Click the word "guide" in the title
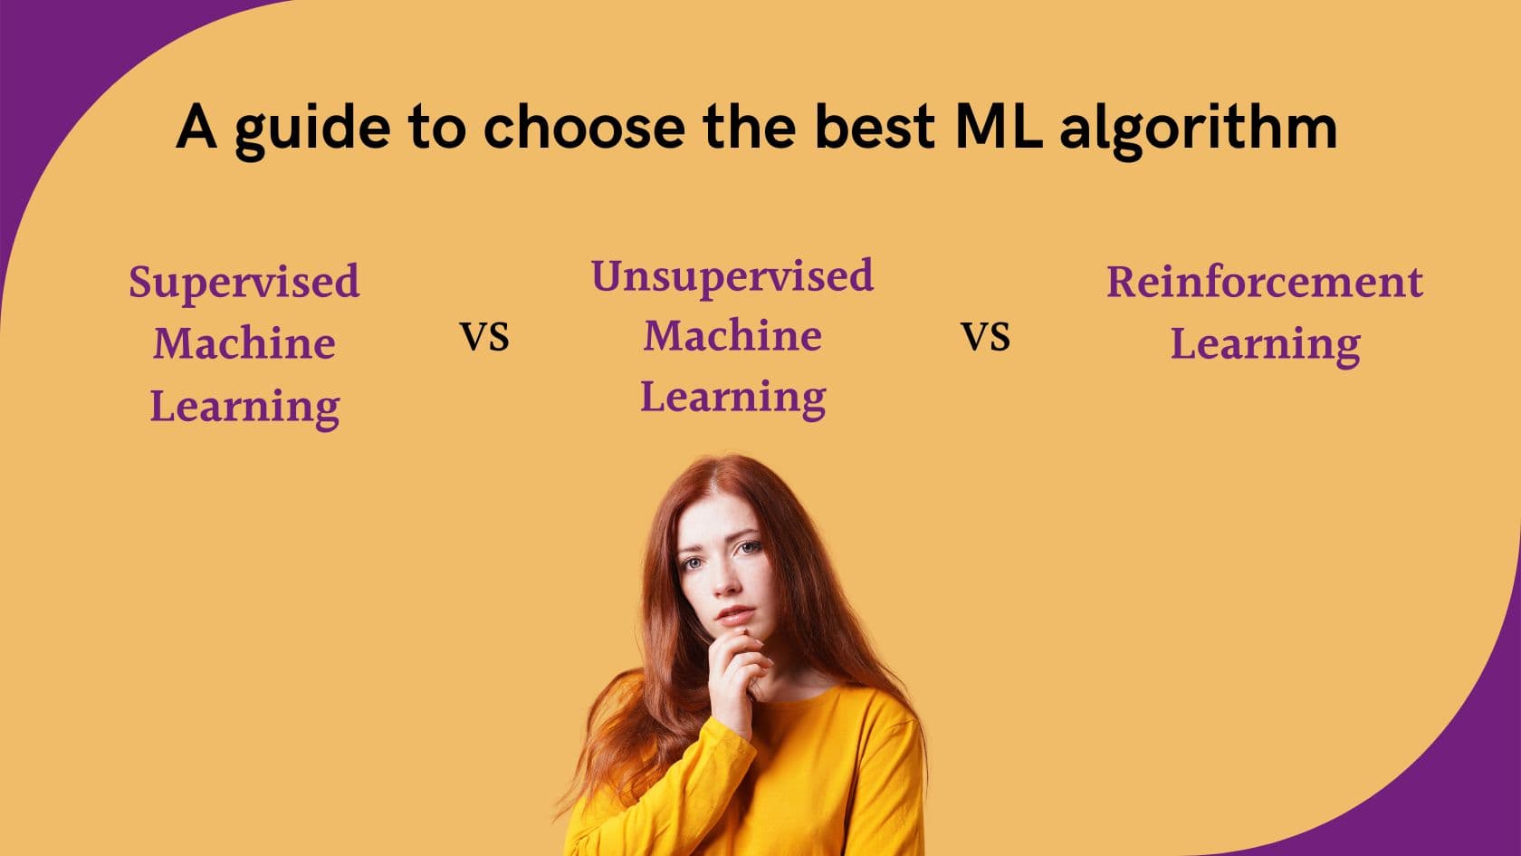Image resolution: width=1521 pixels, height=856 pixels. pyautogui.click(x=313, y=130)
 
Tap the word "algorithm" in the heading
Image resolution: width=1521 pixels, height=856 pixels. pyautogui.click(x=1199, y=130)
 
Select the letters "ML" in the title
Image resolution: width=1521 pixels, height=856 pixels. pyautogui.click(x=999, y=127)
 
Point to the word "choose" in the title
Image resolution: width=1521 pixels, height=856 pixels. pyautogui.click(x=585, y=127)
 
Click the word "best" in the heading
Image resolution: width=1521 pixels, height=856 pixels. pyautogui.click(x=875, y=127)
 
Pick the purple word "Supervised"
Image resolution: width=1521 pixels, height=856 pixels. pyautogui.click(x=244, y=282)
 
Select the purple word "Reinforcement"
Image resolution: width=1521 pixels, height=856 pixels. pyautogui.click(x=1264, y=282)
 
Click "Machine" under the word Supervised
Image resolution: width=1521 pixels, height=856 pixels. pyautogui.click(x=244, y=343)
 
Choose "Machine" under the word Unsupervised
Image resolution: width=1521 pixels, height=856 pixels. pyautogui.click(x=732, y=335)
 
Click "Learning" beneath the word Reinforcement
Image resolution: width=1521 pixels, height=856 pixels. pyautogui.click(x=1265, y=345)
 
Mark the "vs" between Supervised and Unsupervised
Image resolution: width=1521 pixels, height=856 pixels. pyautogui.click(x=484, y=336)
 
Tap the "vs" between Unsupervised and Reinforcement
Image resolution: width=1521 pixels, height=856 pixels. pyautogui.click(x=985, y=336)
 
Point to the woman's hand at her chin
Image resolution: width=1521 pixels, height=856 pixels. pyautogui.click(x=737, y=672)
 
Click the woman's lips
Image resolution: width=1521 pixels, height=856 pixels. pyautogui.click(x=735, y=615)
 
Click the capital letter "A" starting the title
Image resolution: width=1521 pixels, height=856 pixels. pyautogui.click(x=196, y=127)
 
